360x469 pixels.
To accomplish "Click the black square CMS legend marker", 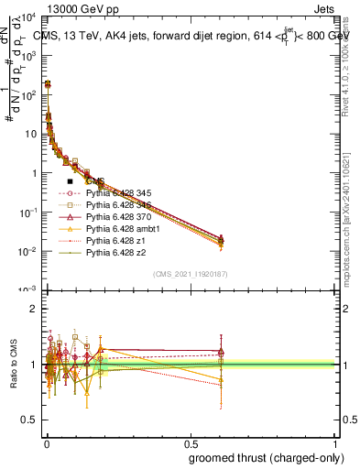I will [x=70, y=182].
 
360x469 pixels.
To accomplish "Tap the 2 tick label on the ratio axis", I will [x=33, y=309].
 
